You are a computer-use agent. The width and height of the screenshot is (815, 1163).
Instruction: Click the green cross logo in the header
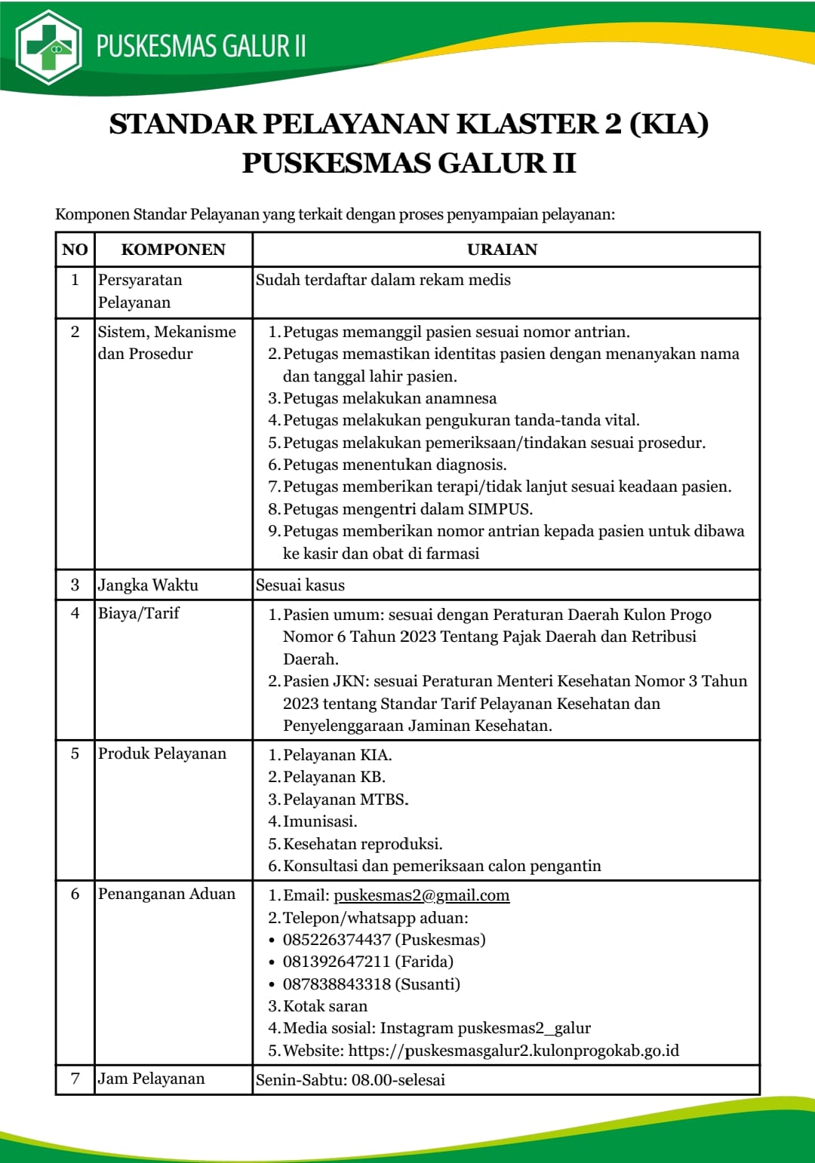(x=49, y=47)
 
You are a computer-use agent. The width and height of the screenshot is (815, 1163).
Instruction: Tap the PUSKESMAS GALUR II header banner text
(x=201, y=46)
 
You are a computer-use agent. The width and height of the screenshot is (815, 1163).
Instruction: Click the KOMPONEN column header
(x=173, y=250)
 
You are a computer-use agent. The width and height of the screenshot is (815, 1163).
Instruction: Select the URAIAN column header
(x=502, y=250)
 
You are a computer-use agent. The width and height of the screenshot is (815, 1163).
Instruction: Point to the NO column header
(x=75, y=250)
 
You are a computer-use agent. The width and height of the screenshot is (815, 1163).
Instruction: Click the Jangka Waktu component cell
(x=148, y=585)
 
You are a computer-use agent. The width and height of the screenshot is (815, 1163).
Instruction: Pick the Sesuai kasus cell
(x=300, y=585)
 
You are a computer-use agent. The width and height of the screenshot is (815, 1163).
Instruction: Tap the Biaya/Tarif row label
(x=139, y=613)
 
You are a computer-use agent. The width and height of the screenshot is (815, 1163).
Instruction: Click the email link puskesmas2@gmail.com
(x=421, y=895)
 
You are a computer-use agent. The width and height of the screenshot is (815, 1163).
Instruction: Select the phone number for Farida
(x=337, y=962)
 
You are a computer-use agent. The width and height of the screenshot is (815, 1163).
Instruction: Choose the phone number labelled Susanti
(x=337, y=984)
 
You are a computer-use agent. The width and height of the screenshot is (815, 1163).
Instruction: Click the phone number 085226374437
(x=337, y=940)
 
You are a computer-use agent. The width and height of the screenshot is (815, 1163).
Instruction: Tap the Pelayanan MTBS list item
(x=345, y=799)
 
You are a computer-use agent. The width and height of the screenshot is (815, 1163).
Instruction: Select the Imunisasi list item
(x=320, y=821)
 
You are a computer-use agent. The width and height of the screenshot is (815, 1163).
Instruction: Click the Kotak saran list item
(x=324, y=1006)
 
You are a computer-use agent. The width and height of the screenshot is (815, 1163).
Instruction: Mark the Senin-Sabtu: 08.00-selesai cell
(x=350, y=1080)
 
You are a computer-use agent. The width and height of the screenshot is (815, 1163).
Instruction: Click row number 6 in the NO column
(x=75, y=894)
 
